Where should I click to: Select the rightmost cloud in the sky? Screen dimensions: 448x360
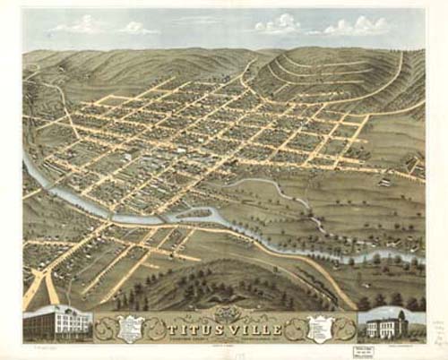coord(358,25)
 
